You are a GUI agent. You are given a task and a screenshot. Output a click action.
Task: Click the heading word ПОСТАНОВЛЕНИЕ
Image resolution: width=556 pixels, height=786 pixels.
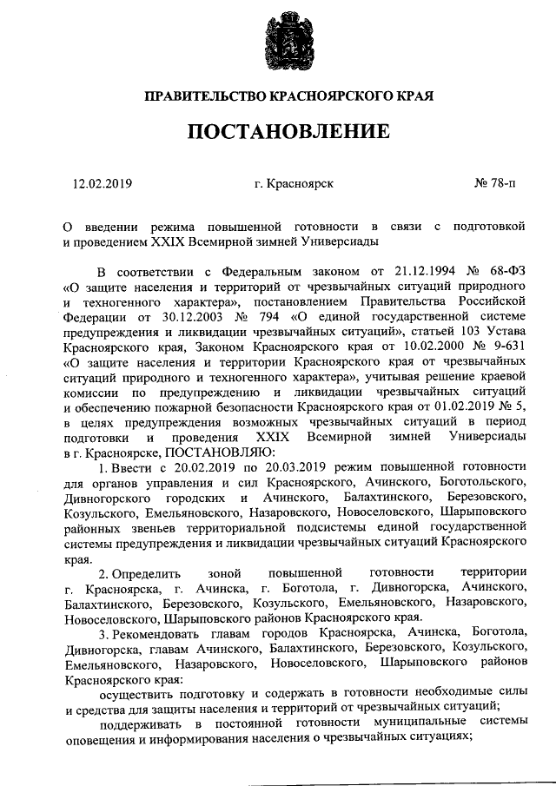pyautogui.click(x=278, y=132)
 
